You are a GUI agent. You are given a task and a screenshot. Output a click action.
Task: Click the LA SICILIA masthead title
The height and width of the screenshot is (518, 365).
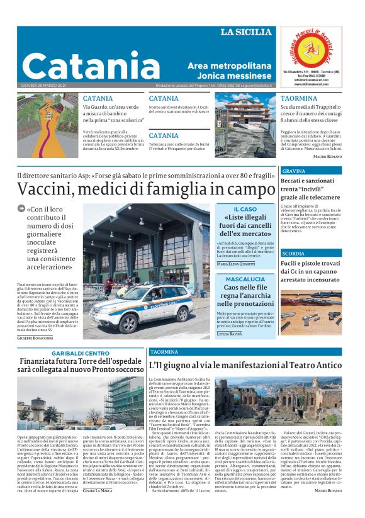tap(246, 31)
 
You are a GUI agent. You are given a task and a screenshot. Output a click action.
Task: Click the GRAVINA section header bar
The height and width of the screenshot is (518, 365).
tap(311, 171)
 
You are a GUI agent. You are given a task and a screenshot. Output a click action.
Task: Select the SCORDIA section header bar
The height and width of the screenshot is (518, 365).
tap(311, 253)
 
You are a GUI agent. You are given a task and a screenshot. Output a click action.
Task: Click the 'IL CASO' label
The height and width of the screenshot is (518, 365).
tap(245, 209)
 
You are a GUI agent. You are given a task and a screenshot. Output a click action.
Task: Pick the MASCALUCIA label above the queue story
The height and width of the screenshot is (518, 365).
tap(245, 279)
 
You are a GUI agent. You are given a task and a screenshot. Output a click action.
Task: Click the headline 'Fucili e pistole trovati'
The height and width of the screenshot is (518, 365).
tap(311, 266)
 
